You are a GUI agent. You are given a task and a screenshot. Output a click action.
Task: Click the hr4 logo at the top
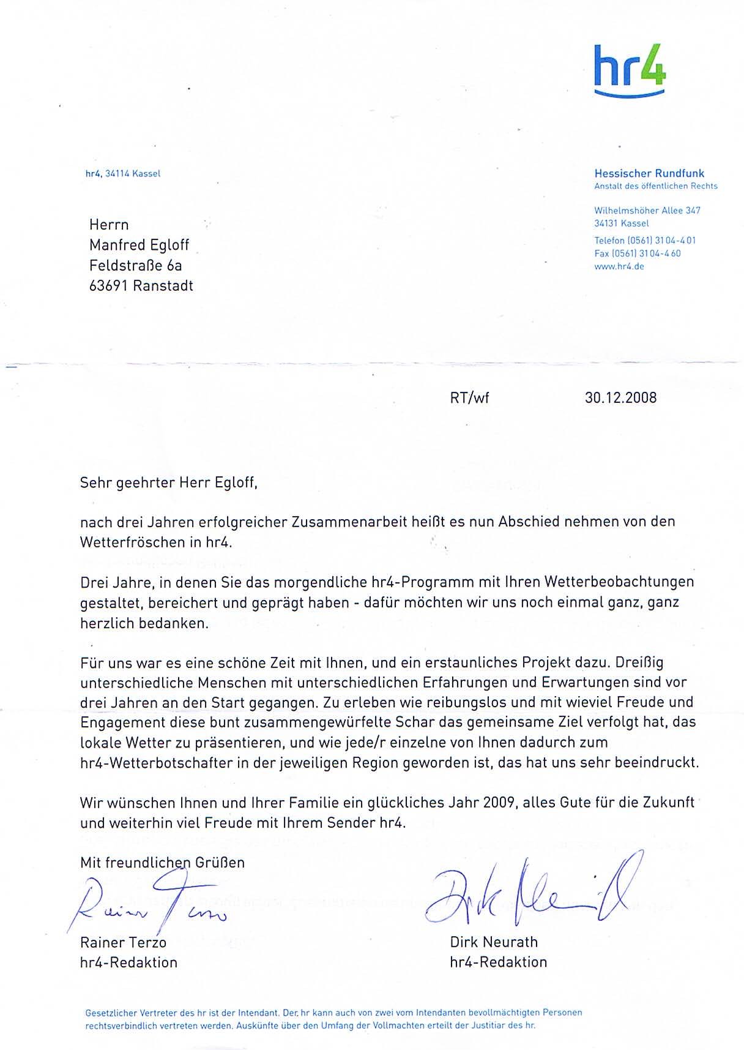[630, 69]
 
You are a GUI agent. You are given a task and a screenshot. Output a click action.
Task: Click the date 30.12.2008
[620, 398]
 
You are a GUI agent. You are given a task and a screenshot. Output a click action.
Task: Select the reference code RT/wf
[469, 399]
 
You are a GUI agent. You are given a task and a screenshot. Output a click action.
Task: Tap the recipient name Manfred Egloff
[139, 246]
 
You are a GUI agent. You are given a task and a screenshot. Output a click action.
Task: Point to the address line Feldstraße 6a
[135, 266]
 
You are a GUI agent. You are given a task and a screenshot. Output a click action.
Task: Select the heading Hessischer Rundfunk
[649, 174]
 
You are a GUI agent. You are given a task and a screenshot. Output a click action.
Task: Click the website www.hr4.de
[619, 267]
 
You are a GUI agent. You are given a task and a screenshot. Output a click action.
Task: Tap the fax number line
[637, 253]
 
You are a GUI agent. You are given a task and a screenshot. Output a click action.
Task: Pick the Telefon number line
[644, 241]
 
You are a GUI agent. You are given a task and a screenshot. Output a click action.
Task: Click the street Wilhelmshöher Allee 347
[647, 211]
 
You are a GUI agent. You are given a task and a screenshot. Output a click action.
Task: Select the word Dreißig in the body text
[639, 662]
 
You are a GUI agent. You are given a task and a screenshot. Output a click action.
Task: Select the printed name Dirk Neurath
[493, 942]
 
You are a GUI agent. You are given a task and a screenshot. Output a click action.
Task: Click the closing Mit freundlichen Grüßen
[162, 863]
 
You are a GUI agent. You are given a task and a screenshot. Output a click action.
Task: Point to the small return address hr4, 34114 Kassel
[122, 174]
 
